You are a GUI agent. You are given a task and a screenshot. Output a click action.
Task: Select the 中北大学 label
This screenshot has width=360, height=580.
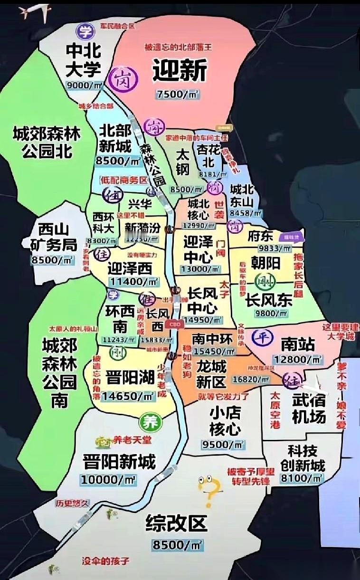click(84, 60)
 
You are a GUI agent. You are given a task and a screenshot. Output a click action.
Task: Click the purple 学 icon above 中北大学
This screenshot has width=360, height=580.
click(84, 32)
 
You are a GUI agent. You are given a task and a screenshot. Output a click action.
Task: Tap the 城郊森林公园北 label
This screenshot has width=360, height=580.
click(47, 142)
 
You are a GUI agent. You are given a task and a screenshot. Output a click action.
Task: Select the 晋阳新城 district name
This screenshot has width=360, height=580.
click(119, 461)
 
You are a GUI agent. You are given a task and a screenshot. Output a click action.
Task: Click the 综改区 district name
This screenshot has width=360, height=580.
click(177, 523)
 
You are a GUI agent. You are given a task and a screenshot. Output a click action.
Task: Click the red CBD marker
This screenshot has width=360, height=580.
click(176, 324)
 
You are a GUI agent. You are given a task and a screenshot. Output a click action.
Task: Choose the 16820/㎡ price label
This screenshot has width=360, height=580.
click(253, 379)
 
